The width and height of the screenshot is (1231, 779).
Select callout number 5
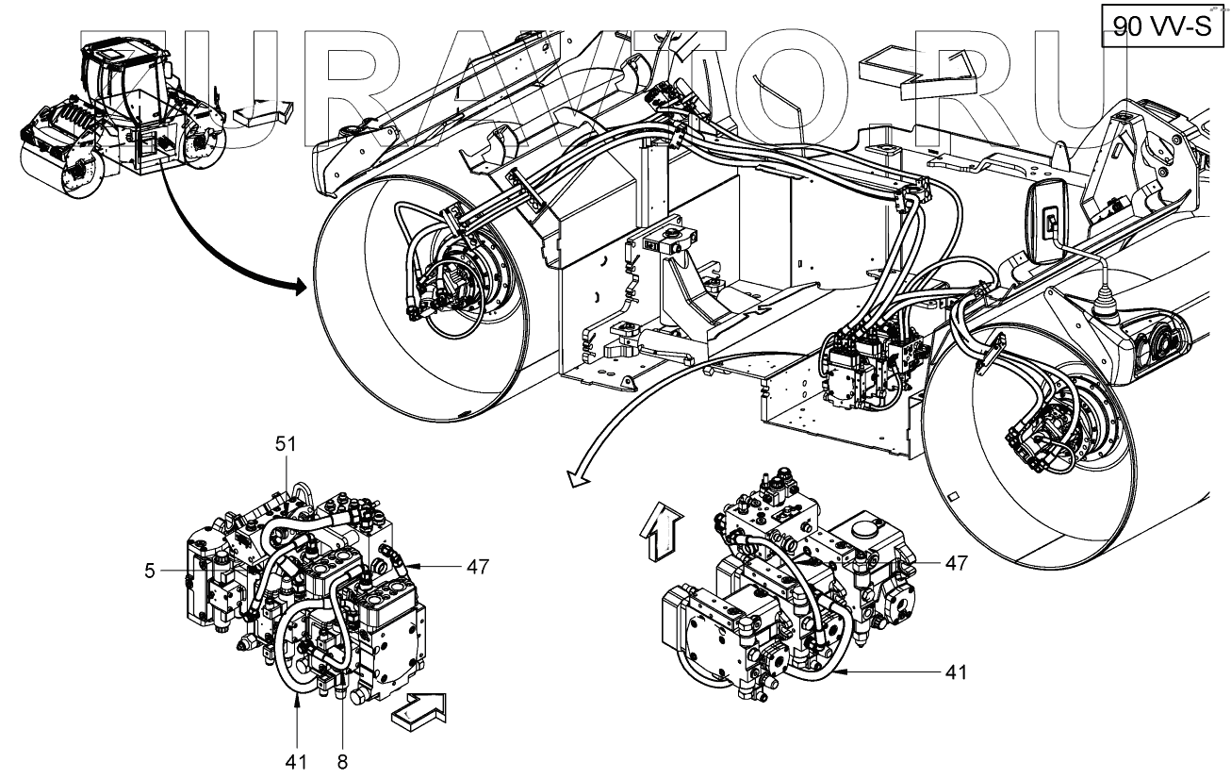(x=150, y=570)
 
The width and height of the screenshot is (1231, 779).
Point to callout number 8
(x=341, y=761)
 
